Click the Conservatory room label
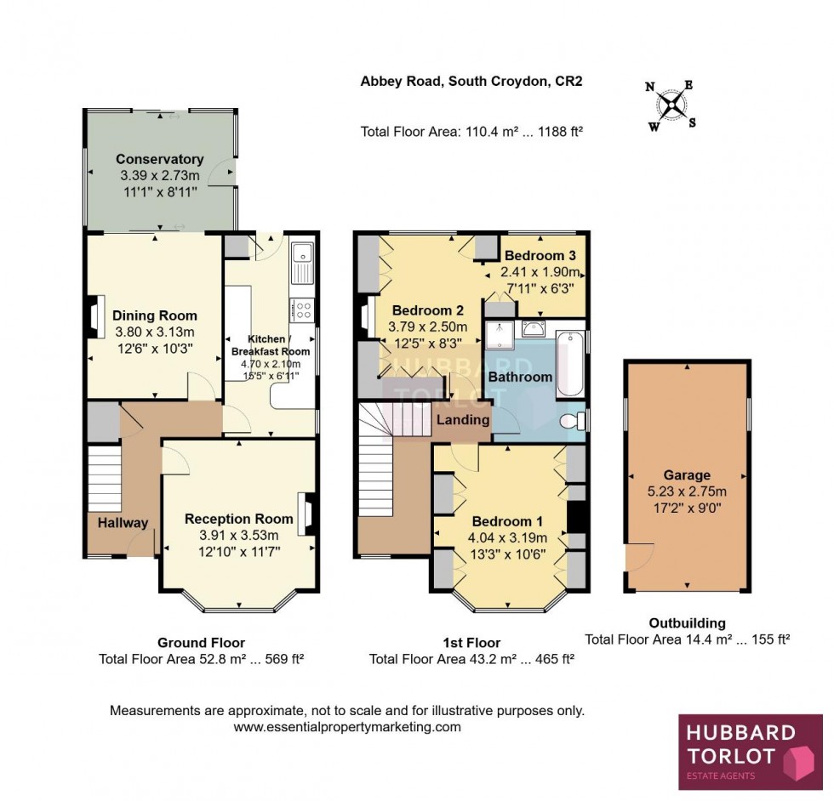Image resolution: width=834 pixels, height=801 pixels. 159,159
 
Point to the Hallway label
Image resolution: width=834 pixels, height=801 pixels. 122,523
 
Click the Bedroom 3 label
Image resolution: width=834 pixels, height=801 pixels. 540,255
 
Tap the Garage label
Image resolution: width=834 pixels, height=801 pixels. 688,475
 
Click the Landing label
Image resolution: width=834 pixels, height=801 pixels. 463,419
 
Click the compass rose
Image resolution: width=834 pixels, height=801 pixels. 672,105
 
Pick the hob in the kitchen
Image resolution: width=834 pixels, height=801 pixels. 302,310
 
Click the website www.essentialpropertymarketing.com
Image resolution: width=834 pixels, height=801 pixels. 347,727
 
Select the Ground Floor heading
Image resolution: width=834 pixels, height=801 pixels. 201,643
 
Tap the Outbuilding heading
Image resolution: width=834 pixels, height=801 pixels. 688,623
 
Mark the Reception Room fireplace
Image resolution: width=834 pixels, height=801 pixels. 306,514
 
